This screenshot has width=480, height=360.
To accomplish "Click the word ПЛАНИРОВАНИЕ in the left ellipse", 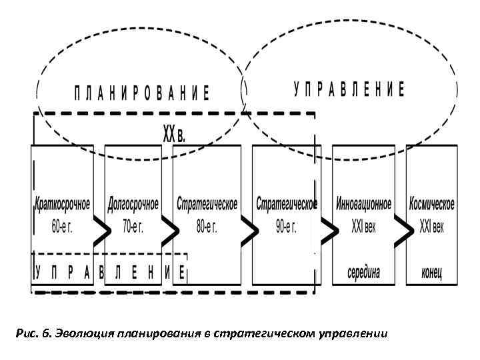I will tap(141, 92).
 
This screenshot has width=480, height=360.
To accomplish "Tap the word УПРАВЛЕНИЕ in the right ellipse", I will tap(349, 89).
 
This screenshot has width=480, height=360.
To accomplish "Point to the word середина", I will tap(364, 272).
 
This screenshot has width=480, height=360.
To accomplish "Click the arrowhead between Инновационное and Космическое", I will tap(402, 230).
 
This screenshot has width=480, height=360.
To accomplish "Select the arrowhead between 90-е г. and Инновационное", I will tap(328, 230).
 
